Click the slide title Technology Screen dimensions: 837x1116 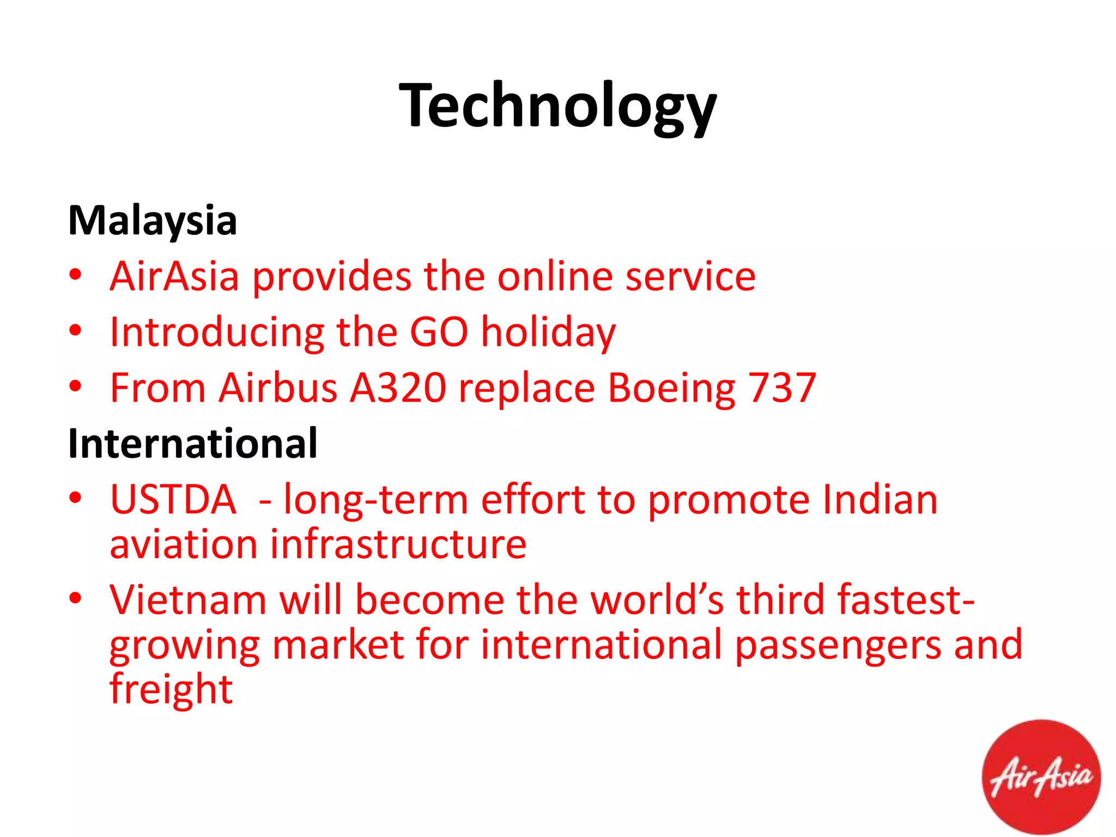557,106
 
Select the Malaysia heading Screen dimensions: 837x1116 153,221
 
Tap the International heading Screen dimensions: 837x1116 193,444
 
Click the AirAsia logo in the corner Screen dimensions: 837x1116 1041,777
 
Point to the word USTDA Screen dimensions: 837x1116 173,499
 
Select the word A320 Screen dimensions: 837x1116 398,388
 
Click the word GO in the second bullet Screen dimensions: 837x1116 439,332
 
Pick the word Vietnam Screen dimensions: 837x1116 188,600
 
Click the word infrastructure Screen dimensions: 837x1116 398,544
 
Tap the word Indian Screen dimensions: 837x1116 880,499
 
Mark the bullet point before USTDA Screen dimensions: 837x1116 76,498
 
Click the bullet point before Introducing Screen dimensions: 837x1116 76,330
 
